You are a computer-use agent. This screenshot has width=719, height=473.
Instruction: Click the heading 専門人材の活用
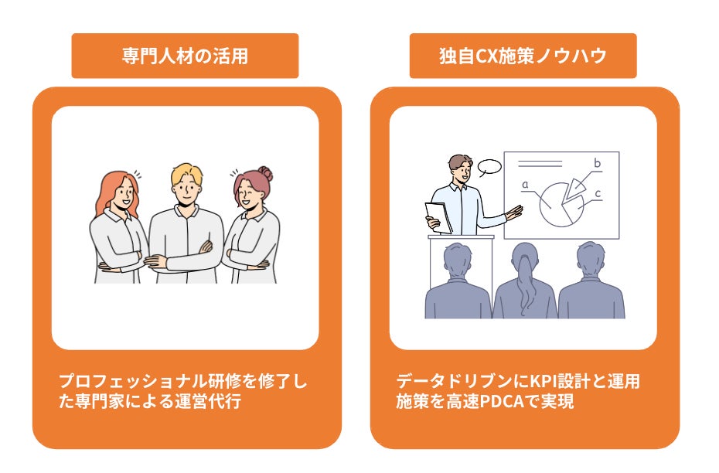coord(185,56)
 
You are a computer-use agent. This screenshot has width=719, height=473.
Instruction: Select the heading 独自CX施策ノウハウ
coord(523,56)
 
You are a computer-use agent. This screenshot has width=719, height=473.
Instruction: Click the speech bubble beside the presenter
coord(489,167)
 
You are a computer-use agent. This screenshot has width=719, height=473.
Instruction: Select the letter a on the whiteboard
coord(525,185)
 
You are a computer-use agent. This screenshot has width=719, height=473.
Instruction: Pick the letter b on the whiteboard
coord(597,163)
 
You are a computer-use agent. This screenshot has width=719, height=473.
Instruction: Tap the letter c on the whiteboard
coord(598,193)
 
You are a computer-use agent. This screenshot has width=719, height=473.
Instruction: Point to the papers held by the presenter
coord(438,216)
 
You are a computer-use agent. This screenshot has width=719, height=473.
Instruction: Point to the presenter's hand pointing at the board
coord(513,211)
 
